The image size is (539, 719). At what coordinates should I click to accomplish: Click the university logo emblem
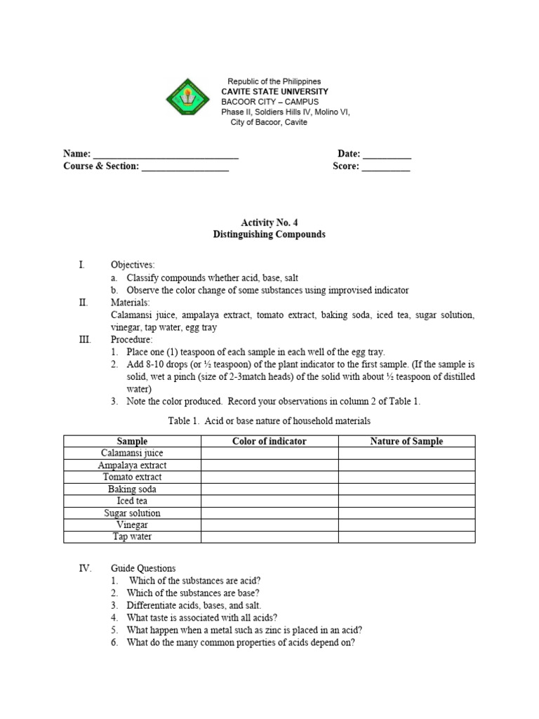188,101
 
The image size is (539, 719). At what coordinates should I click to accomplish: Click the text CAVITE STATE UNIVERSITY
274,92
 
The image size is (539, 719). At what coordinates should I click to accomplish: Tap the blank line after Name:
166,154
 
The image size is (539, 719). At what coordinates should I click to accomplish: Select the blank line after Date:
387,154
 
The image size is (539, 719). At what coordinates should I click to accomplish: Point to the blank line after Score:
386,167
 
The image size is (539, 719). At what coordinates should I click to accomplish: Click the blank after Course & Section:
185,167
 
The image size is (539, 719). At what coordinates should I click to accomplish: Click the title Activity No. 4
269,223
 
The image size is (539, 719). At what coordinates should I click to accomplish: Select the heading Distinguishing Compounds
269,235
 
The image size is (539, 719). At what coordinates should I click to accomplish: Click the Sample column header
132,441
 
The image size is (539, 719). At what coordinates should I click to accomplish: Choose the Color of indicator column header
269,441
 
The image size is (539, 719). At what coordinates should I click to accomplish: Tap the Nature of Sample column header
406,441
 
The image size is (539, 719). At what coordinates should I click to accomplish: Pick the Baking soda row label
132,489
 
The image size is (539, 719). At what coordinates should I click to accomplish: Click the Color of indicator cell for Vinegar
269,525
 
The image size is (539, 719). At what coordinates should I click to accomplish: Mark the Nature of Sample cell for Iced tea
406,501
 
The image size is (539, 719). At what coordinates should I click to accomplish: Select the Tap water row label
132,536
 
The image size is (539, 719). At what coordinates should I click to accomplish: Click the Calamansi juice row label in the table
132,453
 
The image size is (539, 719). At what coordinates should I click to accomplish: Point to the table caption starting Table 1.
269,421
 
